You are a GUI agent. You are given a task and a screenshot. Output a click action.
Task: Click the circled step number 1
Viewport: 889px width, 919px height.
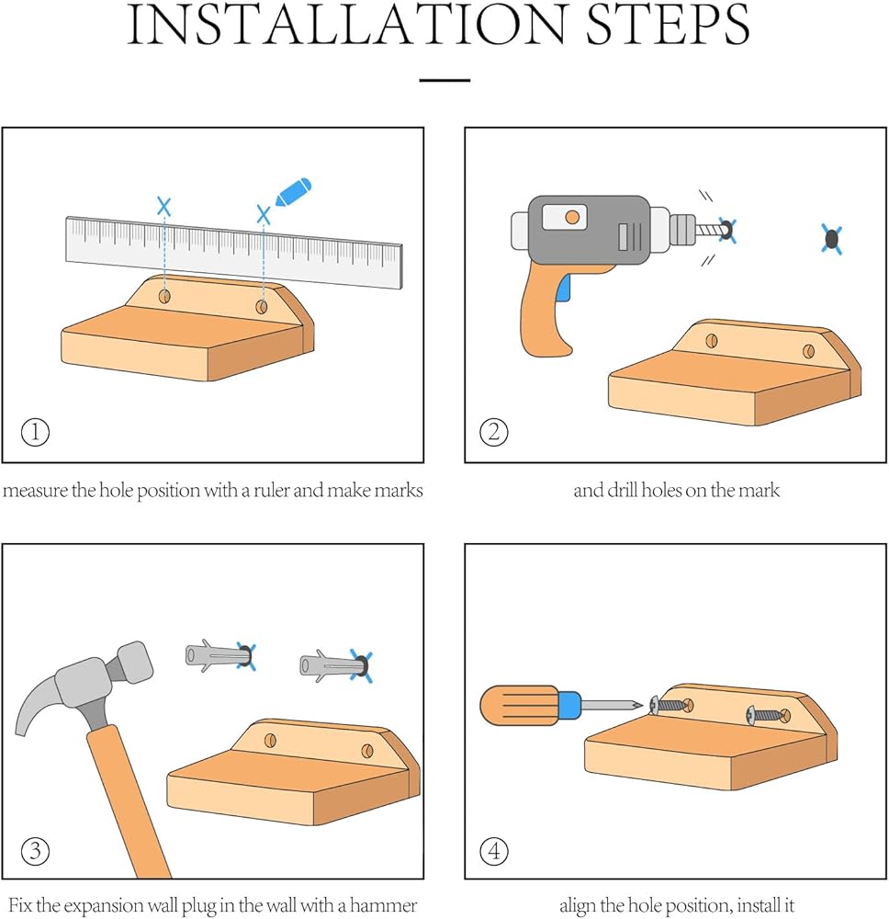coord(35,433)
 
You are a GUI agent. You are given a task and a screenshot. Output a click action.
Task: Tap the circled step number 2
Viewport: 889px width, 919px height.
coord(494,433)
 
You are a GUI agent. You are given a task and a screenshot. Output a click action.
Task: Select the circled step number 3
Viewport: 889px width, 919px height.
coord(35,851)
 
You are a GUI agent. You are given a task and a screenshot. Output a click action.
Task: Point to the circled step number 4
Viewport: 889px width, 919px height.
coord(494,851)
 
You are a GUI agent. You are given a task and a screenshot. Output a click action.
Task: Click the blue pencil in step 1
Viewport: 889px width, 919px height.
coord(293,192)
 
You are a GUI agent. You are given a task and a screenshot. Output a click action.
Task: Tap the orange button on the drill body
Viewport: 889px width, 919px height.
coord(572,218)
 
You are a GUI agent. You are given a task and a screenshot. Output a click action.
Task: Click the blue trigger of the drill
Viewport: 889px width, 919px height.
coord(564,289)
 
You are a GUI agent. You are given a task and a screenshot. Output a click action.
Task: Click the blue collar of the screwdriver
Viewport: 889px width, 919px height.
coord(569,705)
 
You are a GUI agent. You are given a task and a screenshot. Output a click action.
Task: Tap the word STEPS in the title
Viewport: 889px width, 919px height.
coord(668,25)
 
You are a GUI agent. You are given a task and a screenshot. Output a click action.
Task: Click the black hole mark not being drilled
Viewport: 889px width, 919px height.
coord(832,239)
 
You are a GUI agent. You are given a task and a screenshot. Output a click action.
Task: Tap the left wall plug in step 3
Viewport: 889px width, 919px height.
coord(219,655)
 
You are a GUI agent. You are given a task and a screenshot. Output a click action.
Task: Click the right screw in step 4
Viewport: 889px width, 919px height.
coord(767,714)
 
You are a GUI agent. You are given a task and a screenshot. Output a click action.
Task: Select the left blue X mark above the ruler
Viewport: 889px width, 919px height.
coord(164,206)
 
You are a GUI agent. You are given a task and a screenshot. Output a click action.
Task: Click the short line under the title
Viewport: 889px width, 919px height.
coord(445,80)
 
